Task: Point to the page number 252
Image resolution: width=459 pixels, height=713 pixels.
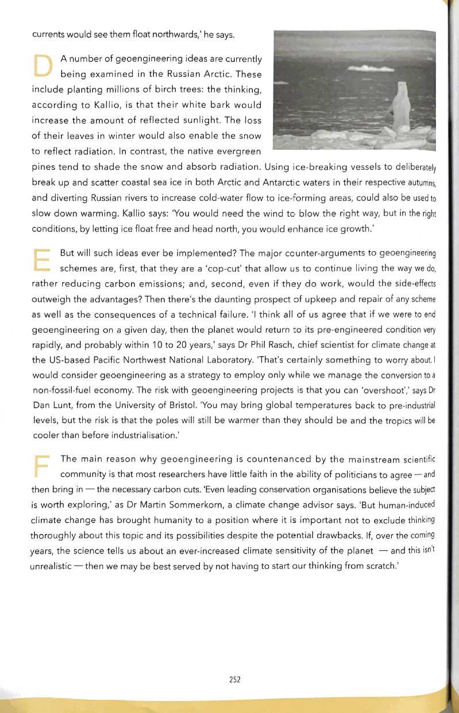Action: click(234, 679)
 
